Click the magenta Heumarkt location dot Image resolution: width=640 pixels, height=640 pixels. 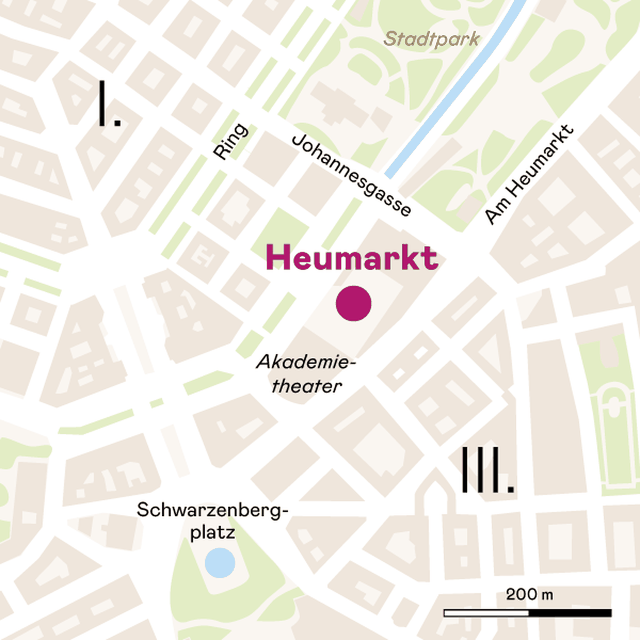coord(354,303)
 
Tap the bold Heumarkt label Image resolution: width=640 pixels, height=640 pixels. coord(352,258)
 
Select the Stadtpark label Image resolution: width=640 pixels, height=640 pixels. coord(431,39)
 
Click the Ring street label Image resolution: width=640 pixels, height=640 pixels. coord(231,141)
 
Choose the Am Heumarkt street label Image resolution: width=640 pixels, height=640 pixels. coord(529,174)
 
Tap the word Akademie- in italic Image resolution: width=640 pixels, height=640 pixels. coord(306,362)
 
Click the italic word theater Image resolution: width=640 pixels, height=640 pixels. coord(307,386)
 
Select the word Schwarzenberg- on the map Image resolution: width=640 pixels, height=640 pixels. coord(212,510)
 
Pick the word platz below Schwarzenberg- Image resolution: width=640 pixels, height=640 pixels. coord(213,533)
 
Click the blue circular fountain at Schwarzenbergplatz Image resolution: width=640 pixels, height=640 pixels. coord(220,562)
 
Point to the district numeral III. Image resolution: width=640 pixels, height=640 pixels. coord(486,470)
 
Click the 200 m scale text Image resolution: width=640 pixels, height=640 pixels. coord(529,594)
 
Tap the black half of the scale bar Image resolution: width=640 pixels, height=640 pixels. coord(570,613)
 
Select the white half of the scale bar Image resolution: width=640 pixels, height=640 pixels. coord(486,613)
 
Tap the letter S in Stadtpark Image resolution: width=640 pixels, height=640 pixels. coord(390,39)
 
